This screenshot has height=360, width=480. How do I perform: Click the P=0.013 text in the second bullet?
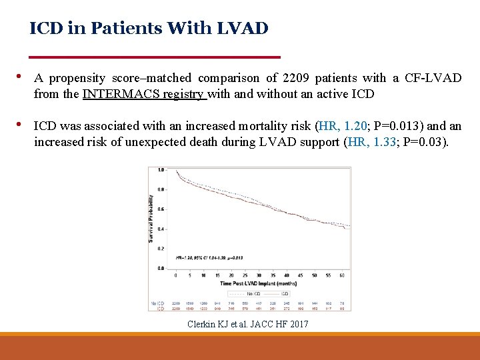[399, 125]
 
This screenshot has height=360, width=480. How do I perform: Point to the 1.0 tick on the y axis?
[161, 170]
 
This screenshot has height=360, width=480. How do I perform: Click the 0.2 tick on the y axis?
[161, 248]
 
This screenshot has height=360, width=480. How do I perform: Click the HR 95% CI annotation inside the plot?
[209, 257]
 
